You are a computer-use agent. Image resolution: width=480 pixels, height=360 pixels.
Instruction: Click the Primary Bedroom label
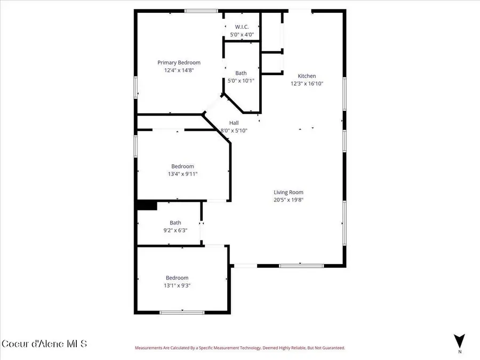pyautogui.click(x=179, y=62)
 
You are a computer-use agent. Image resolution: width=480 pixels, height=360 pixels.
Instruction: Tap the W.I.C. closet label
pyautogui.click(x=242, y=27)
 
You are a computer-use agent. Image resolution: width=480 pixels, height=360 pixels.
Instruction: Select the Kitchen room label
pyautogui.click(x=307, y=76)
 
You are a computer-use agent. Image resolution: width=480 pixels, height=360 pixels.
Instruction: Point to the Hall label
pyautogui.click(x=234, y=123)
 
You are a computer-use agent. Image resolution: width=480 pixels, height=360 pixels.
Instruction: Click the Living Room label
pyautogui.click(x=289, y=193)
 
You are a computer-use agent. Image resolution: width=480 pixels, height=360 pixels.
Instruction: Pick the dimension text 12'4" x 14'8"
pyautogui.click(x=179, y=70)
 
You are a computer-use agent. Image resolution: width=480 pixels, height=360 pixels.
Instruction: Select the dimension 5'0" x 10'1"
pyautogui.click(x=241, y=81)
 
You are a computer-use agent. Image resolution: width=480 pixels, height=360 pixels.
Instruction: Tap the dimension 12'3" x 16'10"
pyautogui.click(x=307, y=83)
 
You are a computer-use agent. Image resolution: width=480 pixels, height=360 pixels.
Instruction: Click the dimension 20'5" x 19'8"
pyautogui.click(x=289, y=200)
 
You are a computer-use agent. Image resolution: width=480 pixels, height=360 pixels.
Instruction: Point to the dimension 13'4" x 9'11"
pyautogui.click(x=182, y=174)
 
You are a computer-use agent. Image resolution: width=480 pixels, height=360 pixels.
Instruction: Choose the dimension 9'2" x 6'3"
pyautogui.click(x=175, y=230)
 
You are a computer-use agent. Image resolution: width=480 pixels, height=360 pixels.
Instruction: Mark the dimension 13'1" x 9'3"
pyautogui.click(x=177, y=285)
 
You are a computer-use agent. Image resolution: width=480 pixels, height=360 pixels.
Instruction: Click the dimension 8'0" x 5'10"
pyautogui.click(x=234, y=131)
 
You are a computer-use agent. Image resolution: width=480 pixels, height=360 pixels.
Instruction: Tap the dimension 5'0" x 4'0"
pyautogui.click(x=242, y=35)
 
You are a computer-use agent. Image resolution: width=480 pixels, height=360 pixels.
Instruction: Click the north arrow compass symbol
pyautogui.click(x=459, y=341)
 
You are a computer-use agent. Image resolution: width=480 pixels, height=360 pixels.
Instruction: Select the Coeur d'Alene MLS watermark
pyautogui.click(x=44, y=343)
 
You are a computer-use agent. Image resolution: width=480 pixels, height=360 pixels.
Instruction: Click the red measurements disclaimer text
pyautogui.click(x=239, y=348)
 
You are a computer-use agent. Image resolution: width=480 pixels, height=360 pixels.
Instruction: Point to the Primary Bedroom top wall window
pyautogui.click(x=201, y=11)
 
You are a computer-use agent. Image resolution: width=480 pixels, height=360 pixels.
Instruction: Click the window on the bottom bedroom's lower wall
pyautogui.click(x=181, y=313)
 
